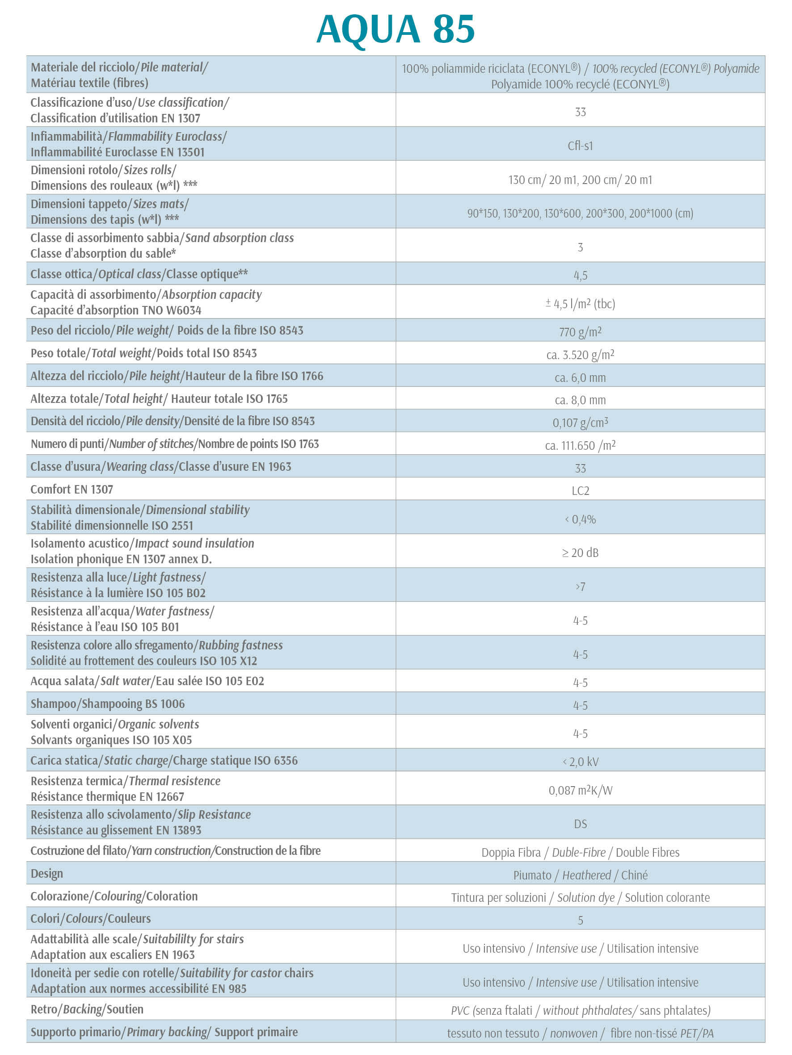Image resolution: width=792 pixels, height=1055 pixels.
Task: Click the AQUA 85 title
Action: (x=395, y=29)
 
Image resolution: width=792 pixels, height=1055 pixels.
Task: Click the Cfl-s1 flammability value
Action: (x=580, y=146)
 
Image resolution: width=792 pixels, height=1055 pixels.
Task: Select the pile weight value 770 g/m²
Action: (x=580, y=331)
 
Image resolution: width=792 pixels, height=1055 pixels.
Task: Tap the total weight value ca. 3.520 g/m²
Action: (x=580, y=354)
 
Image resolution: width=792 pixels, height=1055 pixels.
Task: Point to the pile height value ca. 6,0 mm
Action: (x=580, y=377)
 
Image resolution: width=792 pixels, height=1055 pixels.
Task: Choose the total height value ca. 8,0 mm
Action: (x=580, y=400)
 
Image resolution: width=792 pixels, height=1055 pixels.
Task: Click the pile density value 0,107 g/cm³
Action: (x=580, y=423)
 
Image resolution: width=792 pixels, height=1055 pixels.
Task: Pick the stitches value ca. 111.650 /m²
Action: (x=580, y=445)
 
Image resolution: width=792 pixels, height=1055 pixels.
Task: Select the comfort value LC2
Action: (x=580, y=490)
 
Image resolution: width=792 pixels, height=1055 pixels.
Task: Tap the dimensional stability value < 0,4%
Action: (x=580, y=519)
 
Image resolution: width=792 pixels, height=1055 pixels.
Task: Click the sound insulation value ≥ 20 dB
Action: (x=580, y=553)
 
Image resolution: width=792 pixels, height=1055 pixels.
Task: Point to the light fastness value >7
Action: (x=580, y=586)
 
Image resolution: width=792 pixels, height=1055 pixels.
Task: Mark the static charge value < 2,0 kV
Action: (x=580, y=761)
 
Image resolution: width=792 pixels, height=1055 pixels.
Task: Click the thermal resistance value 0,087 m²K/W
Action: (x=580, y=790)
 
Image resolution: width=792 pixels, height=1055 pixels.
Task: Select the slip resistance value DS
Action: (x=580, y=824)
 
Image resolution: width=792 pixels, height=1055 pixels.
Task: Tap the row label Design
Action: (x=47, y=873)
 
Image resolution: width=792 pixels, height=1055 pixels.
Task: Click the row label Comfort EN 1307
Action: (x=72, y=490)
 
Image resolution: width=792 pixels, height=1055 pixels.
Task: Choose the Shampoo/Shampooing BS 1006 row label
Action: (x=107, y=703)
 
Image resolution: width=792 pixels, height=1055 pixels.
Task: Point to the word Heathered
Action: (x=586, y=875)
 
